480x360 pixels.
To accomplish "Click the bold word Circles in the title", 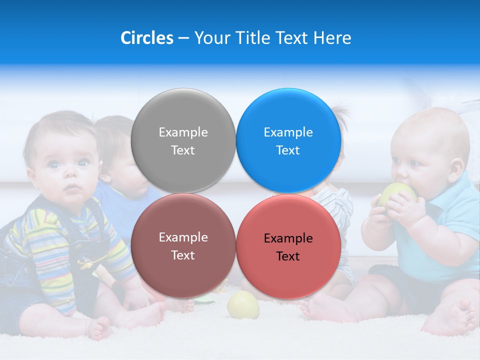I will click(146, 38).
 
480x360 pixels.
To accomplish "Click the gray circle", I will click(183, 140).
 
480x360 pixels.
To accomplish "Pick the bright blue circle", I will click(288, 140).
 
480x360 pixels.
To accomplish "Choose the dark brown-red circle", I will click(183, 245).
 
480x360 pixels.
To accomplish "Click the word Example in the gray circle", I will click(183, 132).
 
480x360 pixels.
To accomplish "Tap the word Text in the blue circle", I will click(288, 150).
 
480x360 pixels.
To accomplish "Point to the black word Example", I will click(288, 238).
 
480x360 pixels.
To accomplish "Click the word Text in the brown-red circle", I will click(183, 255).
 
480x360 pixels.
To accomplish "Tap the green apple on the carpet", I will click(243, 305).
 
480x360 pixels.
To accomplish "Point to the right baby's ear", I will click(455, 167).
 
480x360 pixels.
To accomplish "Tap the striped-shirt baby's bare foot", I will click(100, 327).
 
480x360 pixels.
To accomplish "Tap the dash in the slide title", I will click(183, 38).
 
